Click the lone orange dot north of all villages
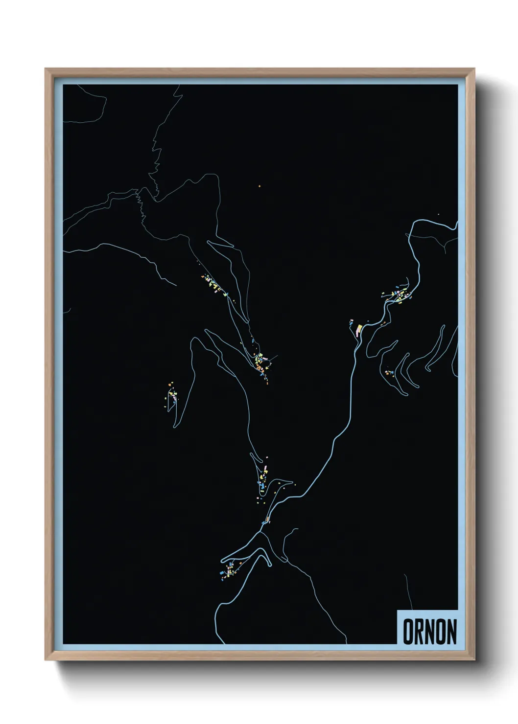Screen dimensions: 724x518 (260, 185)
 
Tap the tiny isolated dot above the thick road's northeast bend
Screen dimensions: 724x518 (438, 214)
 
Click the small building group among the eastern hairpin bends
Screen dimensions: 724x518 (390, 373)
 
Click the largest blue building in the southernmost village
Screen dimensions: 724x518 (223, 572)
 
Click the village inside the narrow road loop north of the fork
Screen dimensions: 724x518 (263, 477)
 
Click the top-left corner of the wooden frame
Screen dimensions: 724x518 (46, 69)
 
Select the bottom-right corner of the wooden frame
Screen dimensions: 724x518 (474, 660)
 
